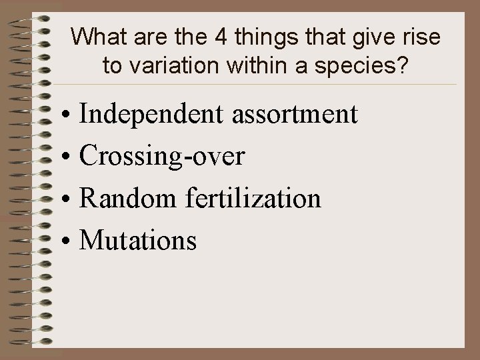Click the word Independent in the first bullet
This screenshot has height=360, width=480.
153,115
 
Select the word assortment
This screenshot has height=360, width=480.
295,115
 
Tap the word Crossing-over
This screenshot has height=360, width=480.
162,157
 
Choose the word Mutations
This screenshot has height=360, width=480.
138,239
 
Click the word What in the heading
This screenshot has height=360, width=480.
95,37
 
